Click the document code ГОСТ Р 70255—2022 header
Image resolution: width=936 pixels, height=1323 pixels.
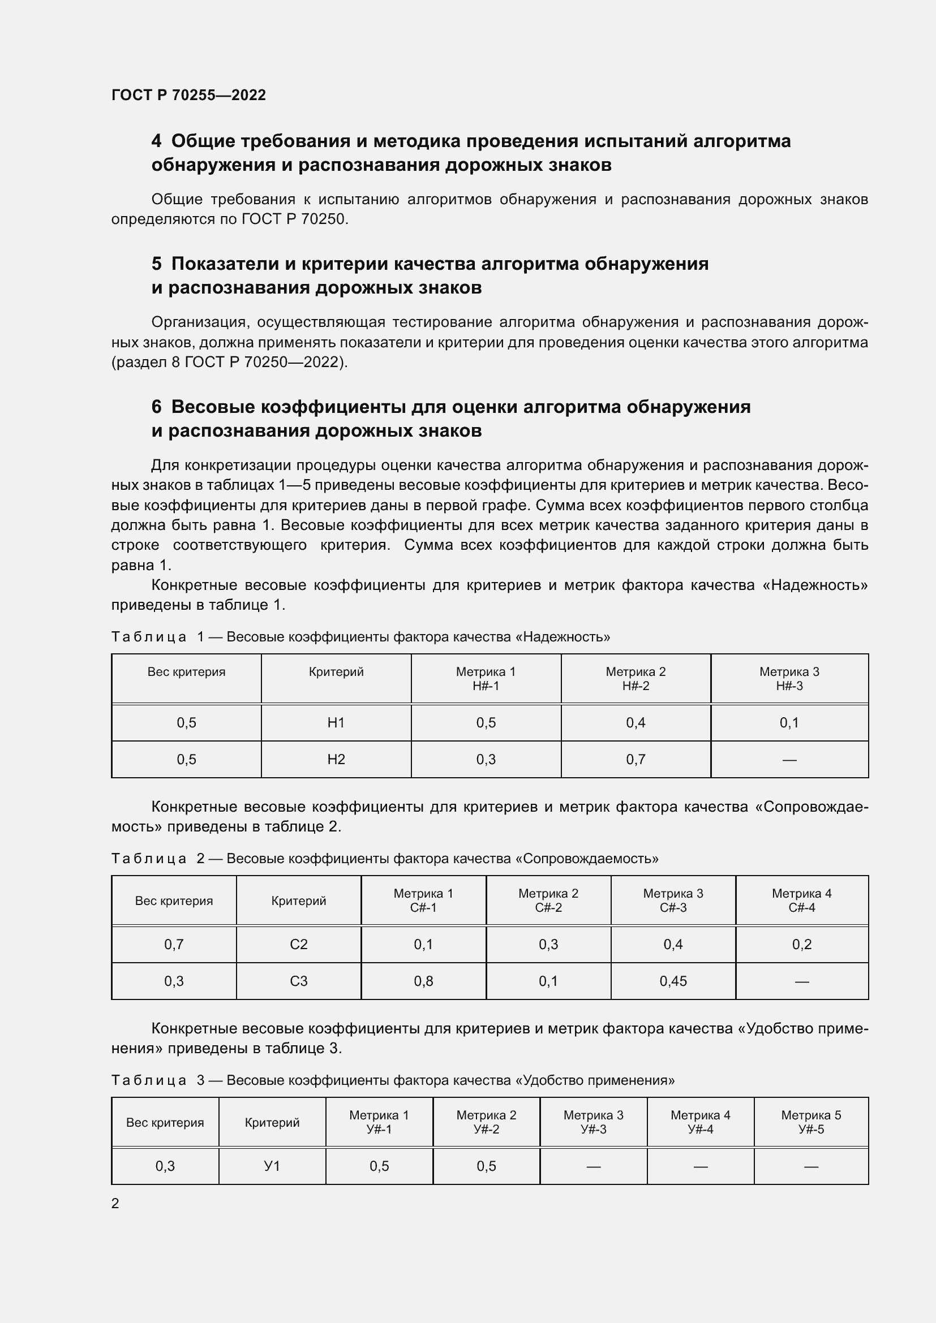[x=188, y=95]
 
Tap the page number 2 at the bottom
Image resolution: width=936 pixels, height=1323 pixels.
[x=115, y=1203]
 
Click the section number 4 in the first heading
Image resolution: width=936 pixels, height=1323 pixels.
[x=156, y=141]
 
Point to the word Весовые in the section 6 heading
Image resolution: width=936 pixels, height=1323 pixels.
[x=213, y=407]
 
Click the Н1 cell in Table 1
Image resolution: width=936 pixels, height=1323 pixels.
[x=336, y=722]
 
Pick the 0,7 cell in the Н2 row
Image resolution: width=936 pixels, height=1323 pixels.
[x=635, y=760]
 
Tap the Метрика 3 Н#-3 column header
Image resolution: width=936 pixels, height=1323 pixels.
[x=789, y=679]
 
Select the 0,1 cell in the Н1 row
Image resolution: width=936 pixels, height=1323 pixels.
[x=789, y=722]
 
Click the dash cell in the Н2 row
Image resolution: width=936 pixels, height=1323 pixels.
[x=789, y=760]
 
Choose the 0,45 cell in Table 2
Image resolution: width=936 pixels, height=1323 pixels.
[x=673, y=981]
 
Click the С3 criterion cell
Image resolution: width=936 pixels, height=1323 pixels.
[x=299, y=981]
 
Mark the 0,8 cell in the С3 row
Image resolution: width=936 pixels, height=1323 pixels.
[x=423, y=981]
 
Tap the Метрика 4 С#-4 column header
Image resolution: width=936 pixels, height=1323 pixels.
[x=801, y=900]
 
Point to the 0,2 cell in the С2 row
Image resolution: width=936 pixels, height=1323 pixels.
[x=801, y=945]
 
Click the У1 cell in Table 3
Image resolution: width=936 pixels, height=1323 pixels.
[x=272, y=1166]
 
